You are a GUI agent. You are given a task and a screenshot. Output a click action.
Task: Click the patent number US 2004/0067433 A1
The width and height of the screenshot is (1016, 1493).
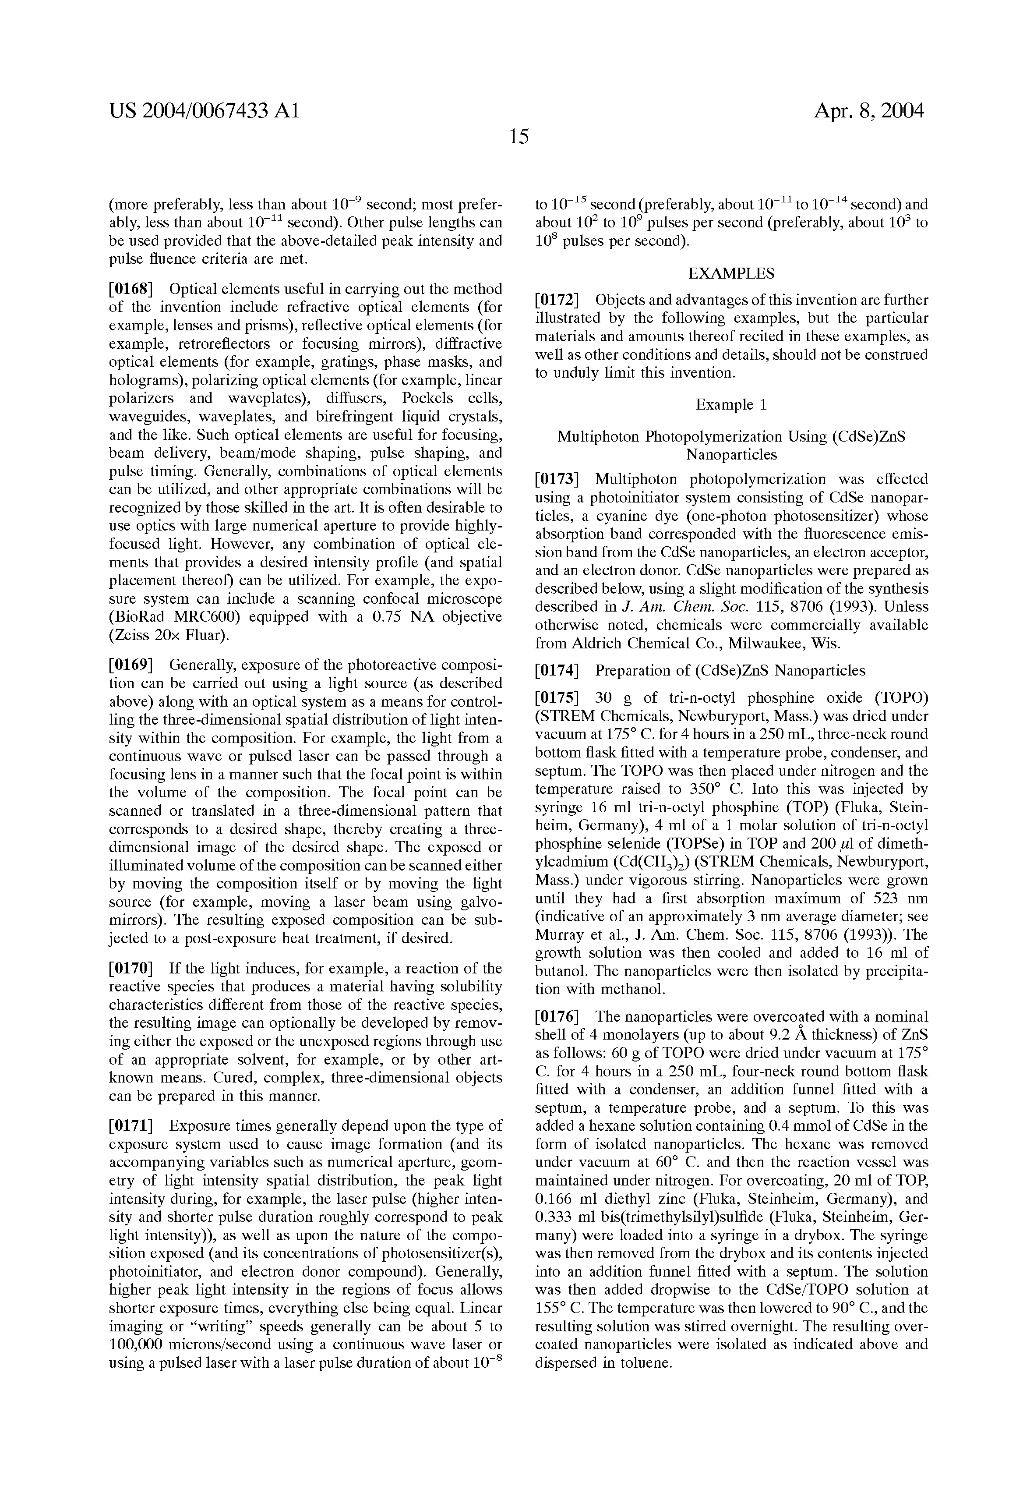tap(204, 112)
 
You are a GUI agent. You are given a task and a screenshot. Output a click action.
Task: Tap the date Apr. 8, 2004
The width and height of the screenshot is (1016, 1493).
tap(869, 112)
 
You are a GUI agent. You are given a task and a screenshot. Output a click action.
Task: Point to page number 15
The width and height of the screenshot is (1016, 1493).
tap(518, 136)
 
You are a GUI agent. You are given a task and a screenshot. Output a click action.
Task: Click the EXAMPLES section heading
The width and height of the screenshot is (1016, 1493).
tap(731, 274)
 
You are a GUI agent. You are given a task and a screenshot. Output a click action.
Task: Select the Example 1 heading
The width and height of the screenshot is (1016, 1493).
tap(731, 405)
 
